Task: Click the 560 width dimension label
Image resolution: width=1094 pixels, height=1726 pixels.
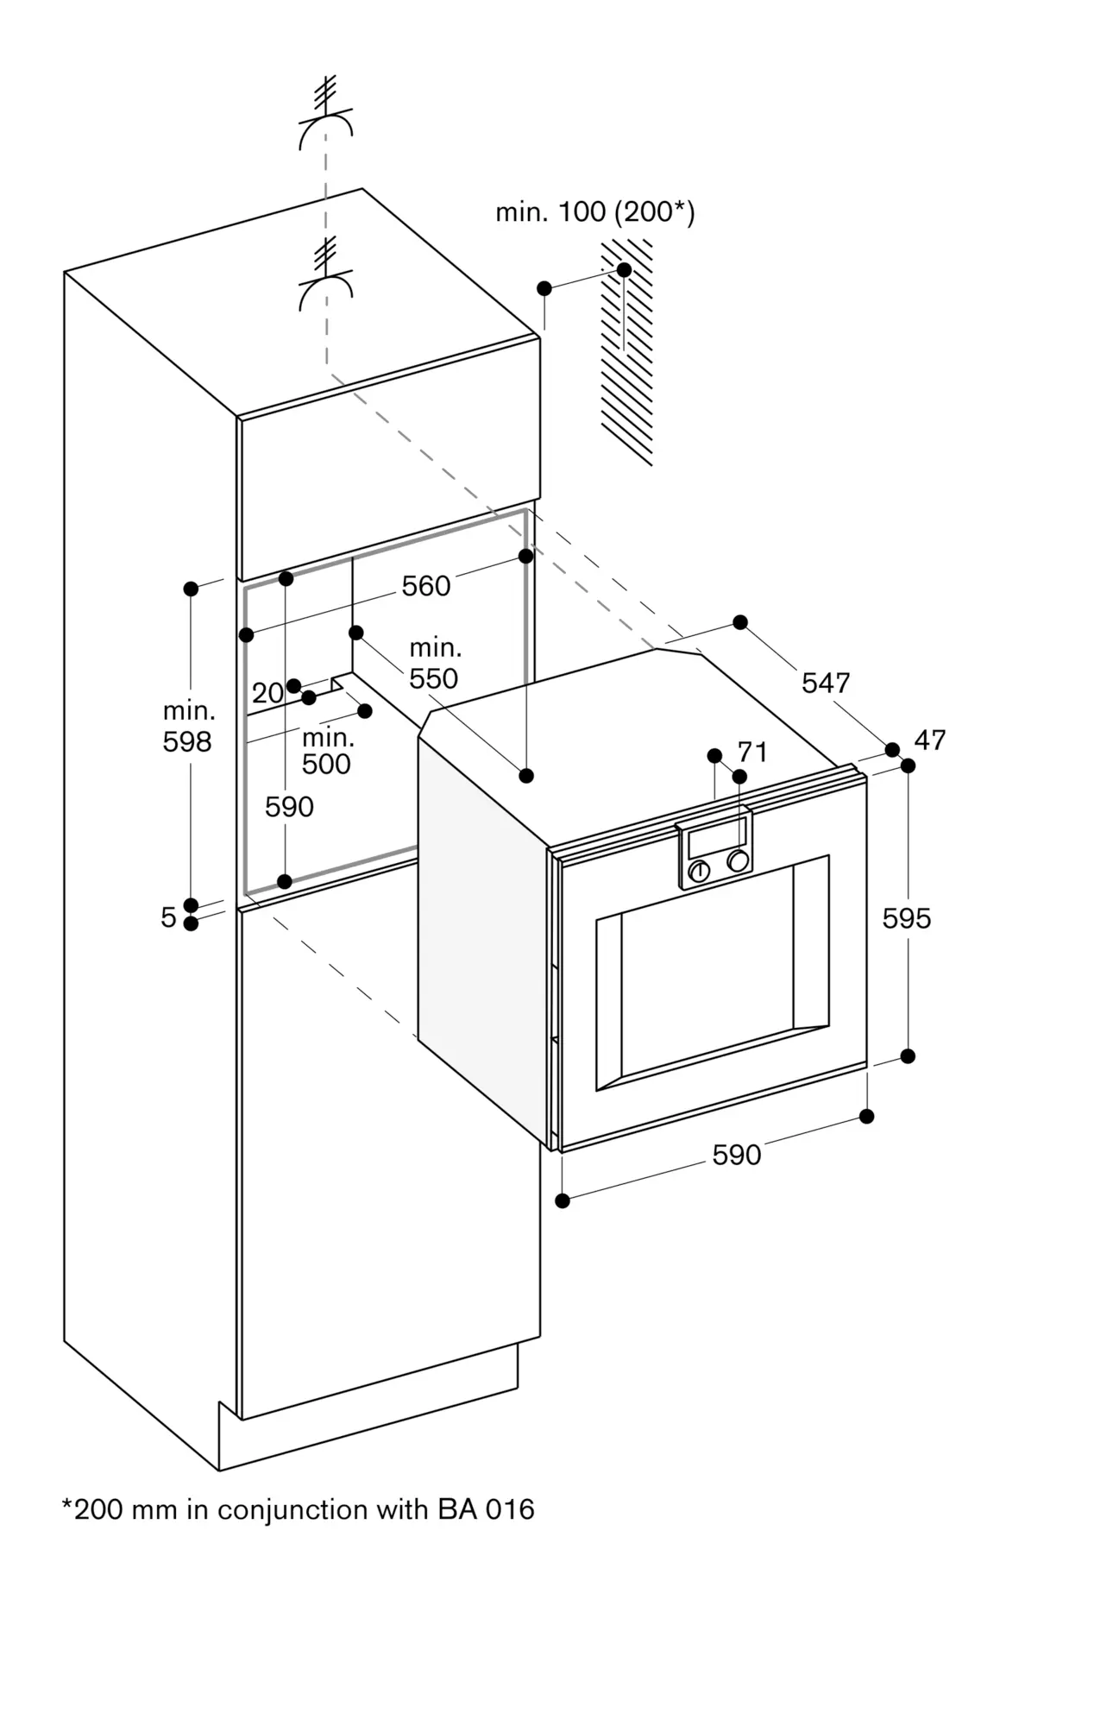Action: (426, 586)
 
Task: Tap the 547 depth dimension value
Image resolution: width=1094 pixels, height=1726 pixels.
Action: (826, 683)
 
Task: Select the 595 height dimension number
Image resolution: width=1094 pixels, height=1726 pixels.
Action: (906, 918)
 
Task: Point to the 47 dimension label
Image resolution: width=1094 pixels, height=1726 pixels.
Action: (929, 740)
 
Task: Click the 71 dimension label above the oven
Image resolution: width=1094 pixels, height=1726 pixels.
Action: (752, 752)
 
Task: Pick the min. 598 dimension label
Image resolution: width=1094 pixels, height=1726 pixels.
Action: (188, 726)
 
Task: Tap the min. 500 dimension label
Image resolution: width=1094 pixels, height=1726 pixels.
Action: (327, 750)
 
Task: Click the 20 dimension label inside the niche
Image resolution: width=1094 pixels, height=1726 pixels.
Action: (267, 692)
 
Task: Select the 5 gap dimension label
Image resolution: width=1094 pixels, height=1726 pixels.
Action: (168, 917)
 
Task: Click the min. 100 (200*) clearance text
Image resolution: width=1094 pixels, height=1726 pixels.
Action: (594, 211)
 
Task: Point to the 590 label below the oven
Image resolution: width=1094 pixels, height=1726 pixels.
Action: (736, 1155)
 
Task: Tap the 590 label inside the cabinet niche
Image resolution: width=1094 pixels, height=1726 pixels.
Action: (289, 807)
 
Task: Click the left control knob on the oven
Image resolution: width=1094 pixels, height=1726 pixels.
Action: (699, 871)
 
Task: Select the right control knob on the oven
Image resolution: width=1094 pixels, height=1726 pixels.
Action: (738, 860)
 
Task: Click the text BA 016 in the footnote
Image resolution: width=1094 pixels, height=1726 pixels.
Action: (486, 1509)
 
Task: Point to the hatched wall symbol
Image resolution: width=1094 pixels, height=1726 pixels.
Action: (627, 354)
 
